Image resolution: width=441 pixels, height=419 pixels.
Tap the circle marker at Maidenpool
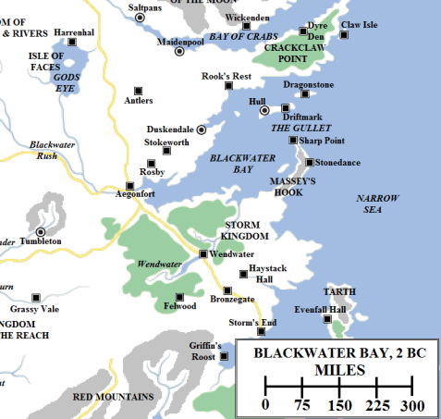(x=180, y=50)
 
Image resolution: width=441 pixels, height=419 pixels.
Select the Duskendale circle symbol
(x=202, y=129)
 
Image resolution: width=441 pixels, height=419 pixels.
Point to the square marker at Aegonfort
(x=130, y=186)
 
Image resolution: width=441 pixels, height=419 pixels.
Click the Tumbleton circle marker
(x=41, y=231)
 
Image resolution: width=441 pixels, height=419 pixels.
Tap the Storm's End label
(x=252, y=322)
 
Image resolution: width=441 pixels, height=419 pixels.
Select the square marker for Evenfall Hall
(x=328, y=319)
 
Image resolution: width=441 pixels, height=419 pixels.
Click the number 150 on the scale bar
(x=338, y=404)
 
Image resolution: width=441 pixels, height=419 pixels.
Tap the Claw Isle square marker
(x=344, y=35)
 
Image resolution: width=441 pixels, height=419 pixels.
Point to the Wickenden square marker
(x=246, y=26)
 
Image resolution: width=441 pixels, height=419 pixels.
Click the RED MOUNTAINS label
(x=113, y=397)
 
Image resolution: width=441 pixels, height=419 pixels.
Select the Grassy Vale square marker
(x=37, y=297)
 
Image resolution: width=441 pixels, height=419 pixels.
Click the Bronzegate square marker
(x=227, y=290)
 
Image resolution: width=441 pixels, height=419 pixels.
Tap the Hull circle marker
(x=263, y=110)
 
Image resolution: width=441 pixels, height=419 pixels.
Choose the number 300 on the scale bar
(x=412, y=404)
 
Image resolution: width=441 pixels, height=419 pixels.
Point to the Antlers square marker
(x=139, y=90)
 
